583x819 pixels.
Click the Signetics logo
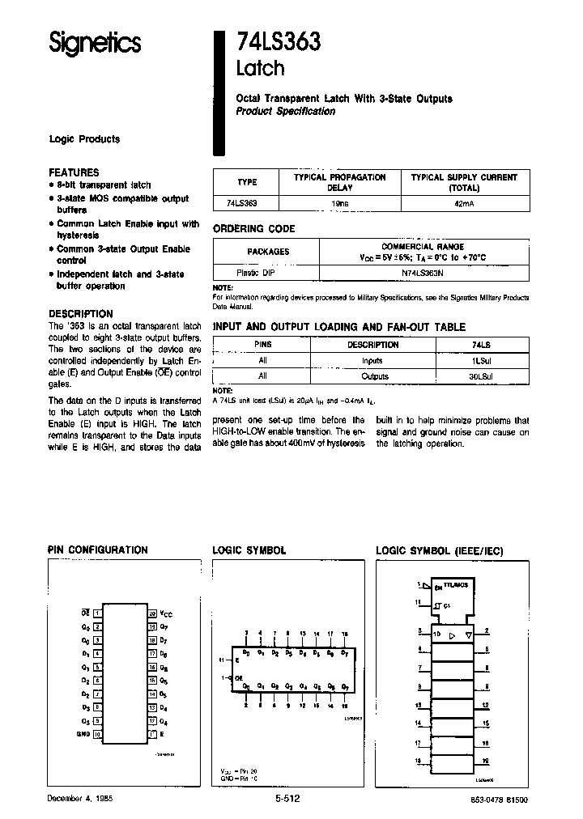click(x=95, y=43)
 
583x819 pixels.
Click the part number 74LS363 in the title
click(x=278, y=40)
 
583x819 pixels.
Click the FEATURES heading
click(x=74, y=172)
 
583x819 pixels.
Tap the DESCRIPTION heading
click(x=81, y=313)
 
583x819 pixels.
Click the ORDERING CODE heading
click(x=253, y=229)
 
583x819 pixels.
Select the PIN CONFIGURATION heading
click(x=98, y=550)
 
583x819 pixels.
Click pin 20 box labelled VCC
click(x=152, y=614)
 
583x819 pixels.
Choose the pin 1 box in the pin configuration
click(x=98, y=614)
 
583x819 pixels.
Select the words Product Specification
click(x=285, y=112)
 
